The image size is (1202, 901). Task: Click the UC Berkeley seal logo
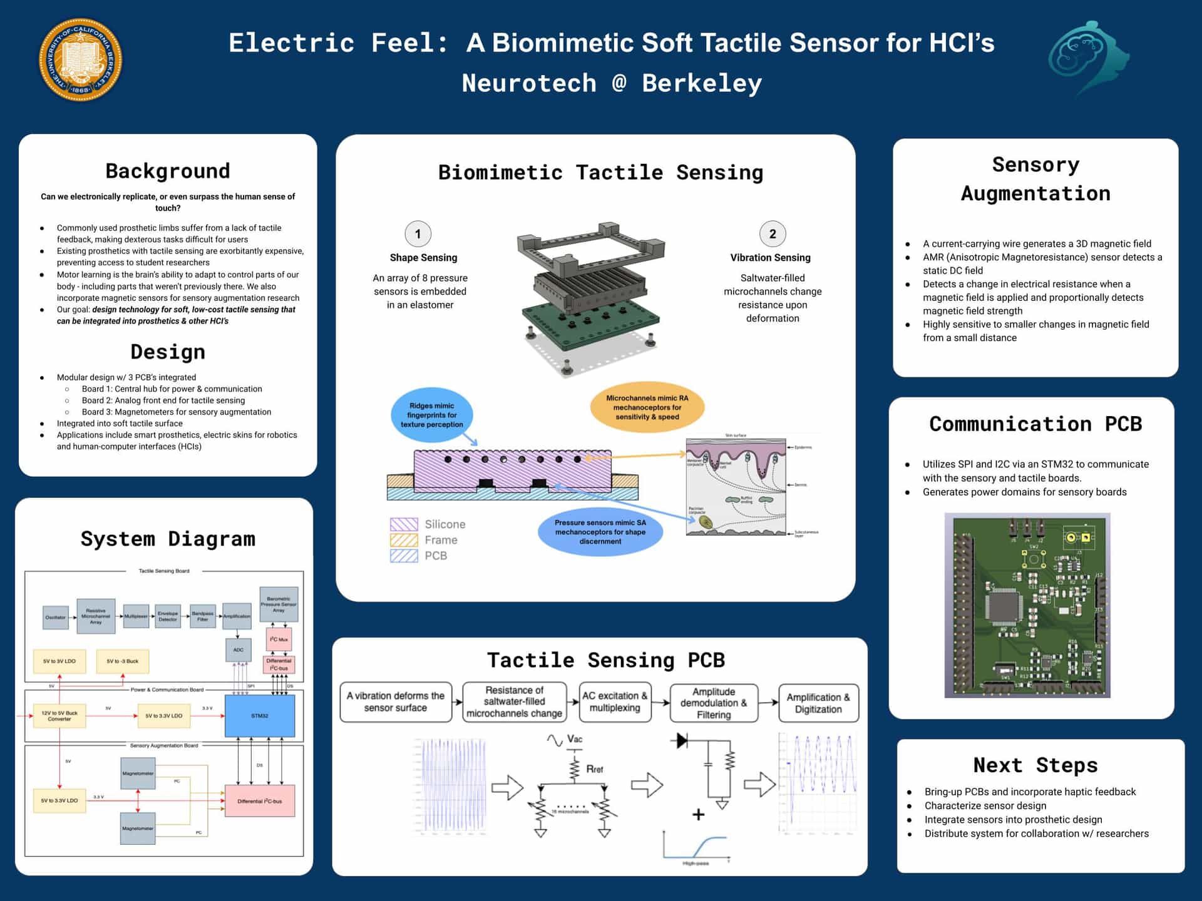click(x=81, y=59)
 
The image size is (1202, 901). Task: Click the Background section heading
click(x=168, y=171)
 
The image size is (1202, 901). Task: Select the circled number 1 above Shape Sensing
click(x=418, y=234)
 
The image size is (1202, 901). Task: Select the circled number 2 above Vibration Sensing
click(x=772, y=234)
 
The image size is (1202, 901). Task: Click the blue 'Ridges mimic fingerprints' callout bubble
click(x=431, y=415)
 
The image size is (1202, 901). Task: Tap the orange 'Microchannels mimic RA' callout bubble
click(x=647, y=407)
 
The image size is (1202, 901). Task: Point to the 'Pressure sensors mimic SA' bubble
click(x=600, y=532)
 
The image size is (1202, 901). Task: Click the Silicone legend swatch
click(x=404, y=524)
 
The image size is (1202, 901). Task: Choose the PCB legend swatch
click(x=404, y=556)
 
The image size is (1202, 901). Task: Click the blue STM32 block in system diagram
click(x=260, y=716)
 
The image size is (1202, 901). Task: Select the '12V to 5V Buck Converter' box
click(x=59, y=716)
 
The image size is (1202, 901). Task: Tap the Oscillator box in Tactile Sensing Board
click(x=55, y=617)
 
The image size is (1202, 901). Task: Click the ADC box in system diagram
click(x=238, y=650)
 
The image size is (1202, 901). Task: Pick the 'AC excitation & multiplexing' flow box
click(x=615, y=701)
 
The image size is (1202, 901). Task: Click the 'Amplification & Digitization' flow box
click(x=818, y=703)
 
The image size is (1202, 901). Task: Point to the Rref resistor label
click(x=594, y=769)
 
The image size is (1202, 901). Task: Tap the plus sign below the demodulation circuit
click(x=699, y=814)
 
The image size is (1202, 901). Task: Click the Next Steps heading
click(x=1035, y=765)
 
